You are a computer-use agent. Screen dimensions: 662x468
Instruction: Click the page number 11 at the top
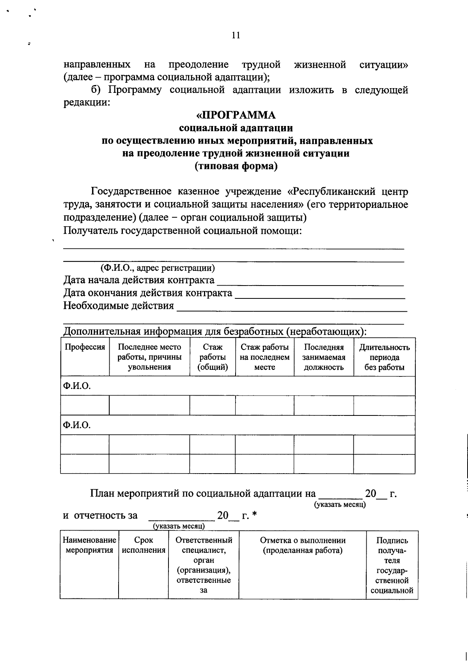(x=236, y=35)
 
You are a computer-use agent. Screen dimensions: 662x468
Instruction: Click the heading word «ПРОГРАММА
(x=236, y=115)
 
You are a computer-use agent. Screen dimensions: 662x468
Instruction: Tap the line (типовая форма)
(x=236, y=167)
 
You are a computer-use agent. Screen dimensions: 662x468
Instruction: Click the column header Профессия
(x=85, y=347)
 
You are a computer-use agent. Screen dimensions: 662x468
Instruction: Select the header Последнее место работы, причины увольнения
(x=149, y=357)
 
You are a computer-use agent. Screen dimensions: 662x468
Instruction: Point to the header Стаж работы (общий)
(x=213, y=357)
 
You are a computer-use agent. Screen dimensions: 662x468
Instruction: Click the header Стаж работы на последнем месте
(x=264, y=357)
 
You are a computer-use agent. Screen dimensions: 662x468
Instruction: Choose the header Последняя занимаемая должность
(x=324, y=357)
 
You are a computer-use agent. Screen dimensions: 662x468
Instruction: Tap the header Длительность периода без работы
(x=384, y=357)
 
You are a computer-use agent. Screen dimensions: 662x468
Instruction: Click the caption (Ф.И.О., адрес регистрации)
(x=157, y=268)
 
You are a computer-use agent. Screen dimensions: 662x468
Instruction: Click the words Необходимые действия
(x=119, y=305)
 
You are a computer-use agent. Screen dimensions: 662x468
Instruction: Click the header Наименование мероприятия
(x=89, y=545)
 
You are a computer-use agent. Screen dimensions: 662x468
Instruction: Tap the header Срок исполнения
(x=144, y=545)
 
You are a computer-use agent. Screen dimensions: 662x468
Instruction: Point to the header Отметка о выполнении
(x=303, y=541)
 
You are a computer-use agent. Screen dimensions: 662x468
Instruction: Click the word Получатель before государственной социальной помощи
(x=91, y=231)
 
